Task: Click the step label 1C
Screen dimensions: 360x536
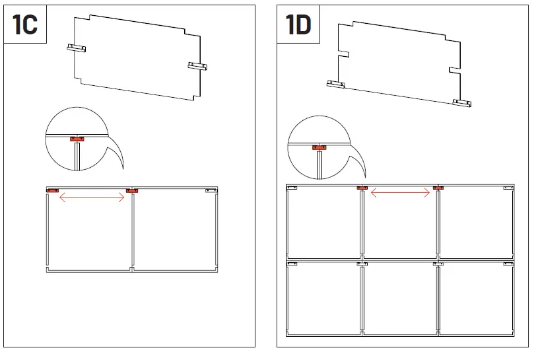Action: click(x=25, y=24)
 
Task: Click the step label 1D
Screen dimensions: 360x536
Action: click(x=298, y=24)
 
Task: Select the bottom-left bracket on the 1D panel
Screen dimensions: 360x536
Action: click(x=337, y=84)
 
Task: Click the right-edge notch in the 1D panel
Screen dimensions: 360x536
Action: click(x=455, y=69)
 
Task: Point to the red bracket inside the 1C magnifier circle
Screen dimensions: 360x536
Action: click(x=78, y=139)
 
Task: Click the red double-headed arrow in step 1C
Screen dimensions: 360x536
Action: click(x=92, y=196)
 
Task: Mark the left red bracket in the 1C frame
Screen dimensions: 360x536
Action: click(x=53, y=191)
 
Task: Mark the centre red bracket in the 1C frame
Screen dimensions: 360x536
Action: click(x=131, y=191)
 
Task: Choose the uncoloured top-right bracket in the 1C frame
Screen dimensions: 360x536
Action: click(x=211, y=191)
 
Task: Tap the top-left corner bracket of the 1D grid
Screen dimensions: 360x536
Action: click(x=292, y=188)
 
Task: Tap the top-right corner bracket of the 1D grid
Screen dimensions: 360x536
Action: click(x=508, y=188)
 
